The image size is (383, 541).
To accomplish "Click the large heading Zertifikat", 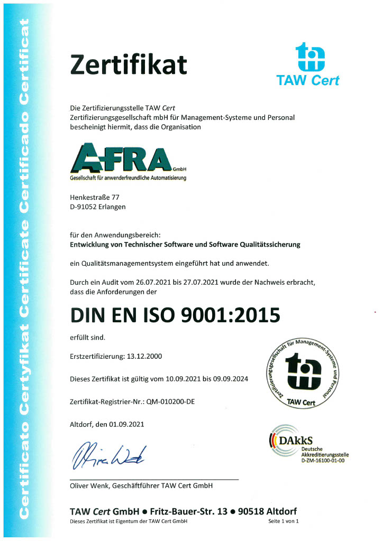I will pos(129,65).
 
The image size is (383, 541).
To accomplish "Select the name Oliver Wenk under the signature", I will pos(89,485).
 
